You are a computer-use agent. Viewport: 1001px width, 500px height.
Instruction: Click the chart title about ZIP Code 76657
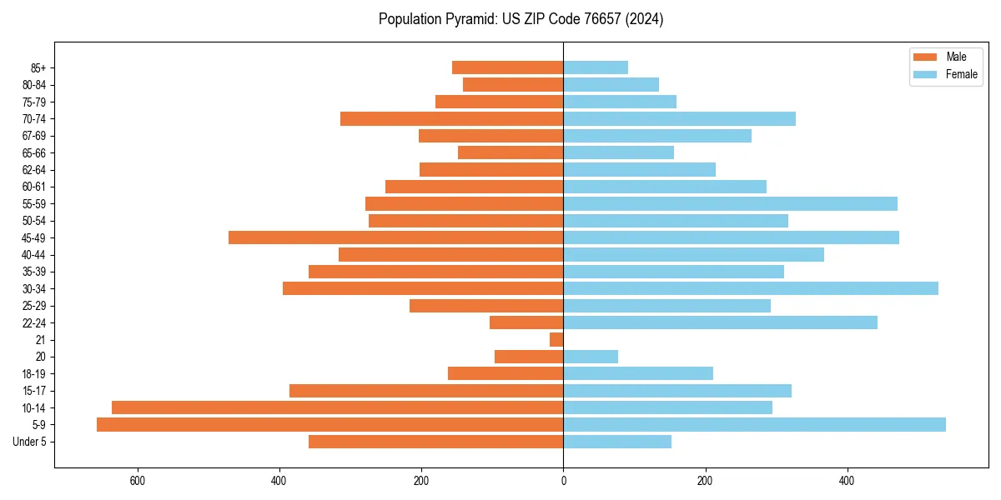pyautogui.click(x=521, y=19)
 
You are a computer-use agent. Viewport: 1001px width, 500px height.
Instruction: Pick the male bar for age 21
pyautogui.click(x=556, y=340)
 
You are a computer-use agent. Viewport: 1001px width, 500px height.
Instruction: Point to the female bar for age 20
pyautogui.click(x=591, y=357)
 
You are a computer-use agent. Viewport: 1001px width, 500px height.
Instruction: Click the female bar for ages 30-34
pyautogui.click(x=751, y=288)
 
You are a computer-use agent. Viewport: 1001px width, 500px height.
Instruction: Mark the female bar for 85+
pyautogui.click(x=596, y=67)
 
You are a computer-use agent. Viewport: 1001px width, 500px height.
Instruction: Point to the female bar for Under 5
pyautogui.click(x=617, y=442)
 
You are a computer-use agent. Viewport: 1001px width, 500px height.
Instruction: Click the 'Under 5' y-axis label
pyautogui.click(x=29, y=442)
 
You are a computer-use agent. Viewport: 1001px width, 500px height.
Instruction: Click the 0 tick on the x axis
pyautogui.click(x=563, y=480)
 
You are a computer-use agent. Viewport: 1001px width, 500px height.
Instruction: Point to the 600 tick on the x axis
pyautogui.click(x=138, y=480)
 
